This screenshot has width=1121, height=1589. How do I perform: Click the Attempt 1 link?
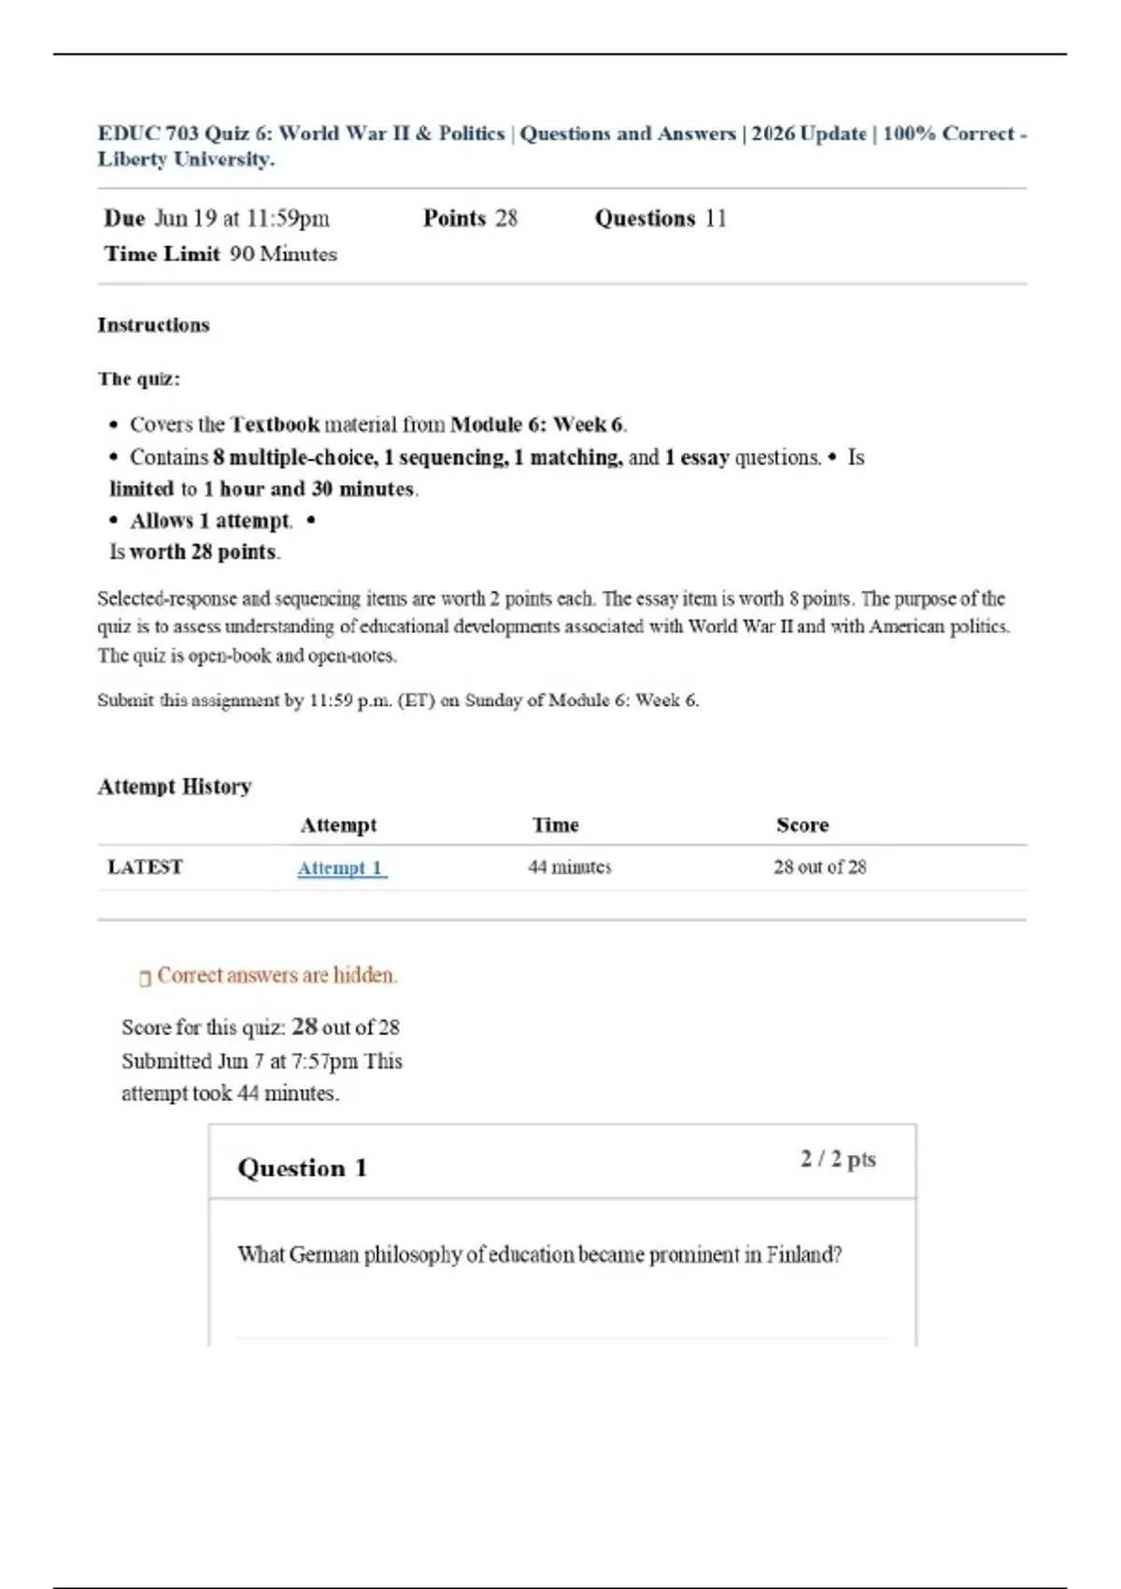341,868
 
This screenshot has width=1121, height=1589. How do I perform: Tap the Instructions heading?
153,325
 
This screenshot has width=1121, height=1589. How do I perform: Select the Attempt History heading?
175,787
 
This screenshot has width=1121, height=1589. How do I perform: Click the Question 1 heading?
302,1168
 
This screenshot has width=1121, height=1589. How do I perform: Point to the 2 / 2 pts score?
838,1159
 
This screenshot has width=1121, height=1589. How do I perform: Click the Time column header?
555,825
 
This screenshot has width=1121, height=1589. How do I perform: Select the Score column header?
802,825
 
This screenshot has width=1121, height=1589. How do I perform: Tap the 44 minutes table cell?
569,867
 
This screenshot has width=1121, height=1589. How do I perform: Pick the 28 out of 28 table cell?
819,867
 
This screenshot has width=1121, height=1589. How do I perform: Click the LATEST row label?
145,867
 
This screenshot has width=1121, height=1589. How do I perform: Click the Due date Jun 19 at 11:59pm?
241,219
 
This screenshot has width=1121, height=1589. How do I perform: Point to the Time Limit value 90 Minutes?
283,254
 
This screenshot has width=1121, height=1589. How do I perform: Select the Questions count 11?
716,219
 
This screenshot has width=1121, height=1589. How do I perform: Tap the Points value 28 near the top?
505,219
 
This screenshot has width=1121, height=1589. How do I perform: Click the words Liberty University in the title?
185,160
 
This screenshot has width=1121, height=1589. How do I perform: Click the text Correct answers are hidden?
277,976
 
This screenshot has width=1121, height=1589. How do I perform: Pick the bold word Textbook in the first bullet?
275,425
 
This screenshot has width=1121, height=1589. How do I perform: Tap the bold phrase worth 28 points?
203,552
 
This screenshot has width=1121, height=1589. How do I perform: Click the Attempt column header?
338,825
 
